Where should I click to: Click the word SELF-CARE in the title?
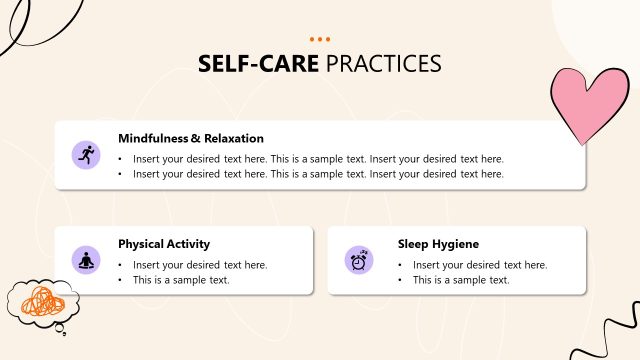[x=258, y=64]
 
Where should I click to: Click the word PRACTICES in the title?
[x=383, y=64]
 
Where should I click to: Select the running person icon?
[x=86, y=155]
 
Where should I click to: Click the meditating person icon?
[x=86, y=260]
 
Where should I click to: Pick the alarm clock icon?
[x=358, y=260]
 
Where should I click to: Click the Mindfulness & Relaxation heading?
[x=191, y=138]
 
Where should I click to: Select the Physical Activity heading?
[x=164, y=243]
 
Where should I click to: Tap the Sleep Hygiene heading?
[x=438, y=243]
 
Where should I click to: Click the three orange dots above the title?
[x=320, y=40]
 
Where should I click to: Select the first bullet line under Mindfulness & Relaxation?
[x=318, y=158]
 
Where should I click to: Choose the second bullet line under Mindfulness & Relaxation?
[x=318, y=173]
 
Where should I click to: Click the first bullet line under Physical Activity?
[x=200, y=264]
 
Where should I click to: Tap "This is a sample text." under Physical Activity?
[x=181, y=279]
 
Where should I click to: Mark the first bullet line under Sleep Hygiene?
[x=480, y=264]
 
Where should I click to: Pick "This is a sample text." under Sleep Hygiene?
[x=461, y=279]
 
